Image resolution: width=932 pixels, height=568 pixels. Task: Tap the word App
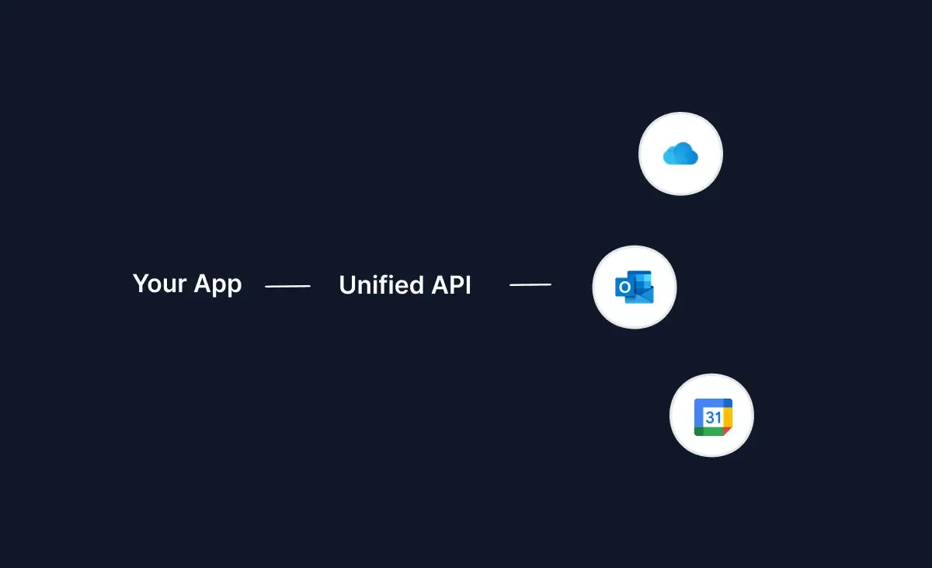[217, 285]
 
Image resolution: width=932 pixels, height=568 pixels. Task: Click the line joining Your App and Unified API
[287, 286]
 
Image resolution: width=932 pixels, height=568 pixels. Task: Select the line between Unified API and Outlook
[530, 285]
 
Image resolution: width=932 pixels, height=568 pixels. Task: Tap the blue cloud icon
[680, 155]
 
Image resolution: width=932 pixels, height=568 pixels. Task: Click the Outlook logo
[635, 287]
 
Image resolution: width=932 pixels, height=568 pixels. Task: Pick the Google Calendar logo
[712, 417]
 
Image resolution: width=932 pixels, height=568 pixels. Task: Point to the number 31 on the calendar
[712, 417]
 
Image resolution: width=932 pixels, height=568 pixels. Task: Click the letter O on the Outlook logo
[625, 288]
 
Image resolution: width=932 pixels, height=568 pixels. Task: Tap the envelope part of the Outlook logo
[645, 294]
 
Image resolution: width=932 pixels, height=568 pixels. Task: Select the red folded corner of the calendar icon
[728, 432]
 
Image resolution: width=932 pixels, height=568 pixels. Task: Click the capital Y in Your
[140, 284]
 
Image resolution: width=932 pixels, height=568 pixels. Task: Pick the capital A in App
[203, 284]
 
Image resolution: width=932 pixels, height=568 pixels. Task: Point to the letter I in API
[468, 285]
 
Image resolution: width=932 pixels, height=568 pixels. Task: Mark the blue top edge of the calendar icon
[712, 402]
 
